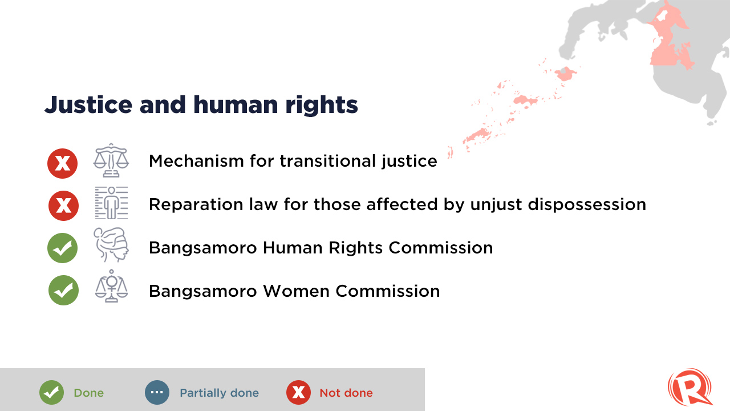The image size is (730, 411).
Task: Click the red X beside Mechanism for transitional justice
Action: tap(62, 163)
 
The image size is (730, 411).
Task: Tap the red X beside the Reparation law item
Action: tap(63, 206)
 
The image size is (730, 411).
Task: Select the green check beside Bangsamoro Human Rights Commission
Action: tap(62, 248)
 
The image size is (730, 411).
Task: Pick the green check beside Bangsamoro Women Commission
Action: tap(63, 291)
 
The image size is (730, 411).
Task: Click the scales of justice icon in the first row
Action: tap(111, 160)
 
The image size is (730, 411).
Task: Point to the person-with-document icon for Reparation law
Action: tap(111, 203)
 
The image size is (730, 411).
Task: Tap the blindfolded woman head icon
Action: tap(111, 245)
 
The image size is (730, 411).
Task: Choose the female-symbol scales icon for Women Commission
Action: tap(111, 286)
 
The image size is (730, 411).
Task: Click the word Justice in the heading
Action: tap(88, 105)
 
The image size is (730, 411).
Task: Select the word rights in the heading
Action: tap(322, 105)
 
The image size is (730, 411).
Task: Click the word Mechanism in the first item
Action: tap(196, 161)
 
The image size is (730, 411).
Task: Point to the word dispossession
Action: tap(587, 205)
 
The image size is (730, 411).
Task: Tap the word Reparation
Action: tap(196, 205)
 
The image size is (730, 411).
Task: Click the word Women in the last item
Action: tap(296, 291)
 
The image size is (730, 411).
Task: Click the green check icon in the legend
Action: tap(51, 392)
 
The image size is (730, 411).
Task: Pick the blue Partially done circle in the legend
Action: tap(157, 392)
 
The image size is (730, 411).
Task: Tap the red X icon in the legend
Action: tap(298, 392)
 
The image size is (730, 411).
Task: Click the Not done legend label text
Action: tap(346, 393)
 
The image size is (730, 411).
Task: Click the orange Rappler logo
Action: tap(690, 387)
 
